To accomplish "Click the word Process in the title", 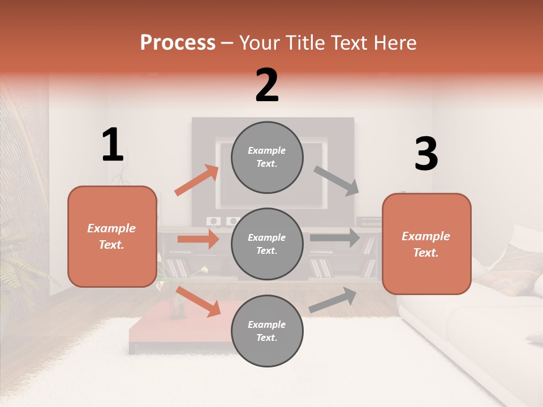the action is tap(178, 42).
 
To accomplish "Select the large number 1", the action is tap(113, 145).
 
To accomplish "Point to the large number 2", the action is tap(267, 86).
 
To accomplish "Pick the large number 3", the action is tap(426, 154).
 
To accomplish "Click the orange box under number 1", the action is tap(112, 236).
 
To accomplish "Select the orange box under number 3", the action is tap(426, 244).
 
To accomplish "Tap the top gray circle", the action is tap(267, 157).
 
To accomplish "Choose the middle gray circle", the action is tap(267, 244).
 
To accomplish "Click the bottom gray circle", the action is tap(267, 331).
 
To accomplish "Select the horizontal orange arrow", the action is tap(199, 239).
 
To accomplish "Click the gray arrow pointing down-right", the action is tap(337, 180).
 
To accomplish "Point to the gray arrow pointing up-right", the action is tap(333, 300).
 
